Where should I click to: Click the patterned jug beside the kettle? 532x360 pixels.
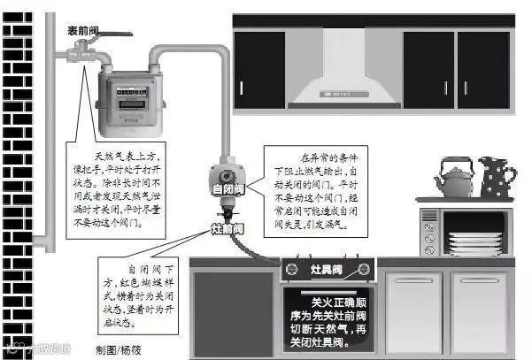(x=497, y=177)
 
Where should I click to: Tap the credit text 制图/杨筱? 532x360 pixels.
(x=119, y=349)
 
